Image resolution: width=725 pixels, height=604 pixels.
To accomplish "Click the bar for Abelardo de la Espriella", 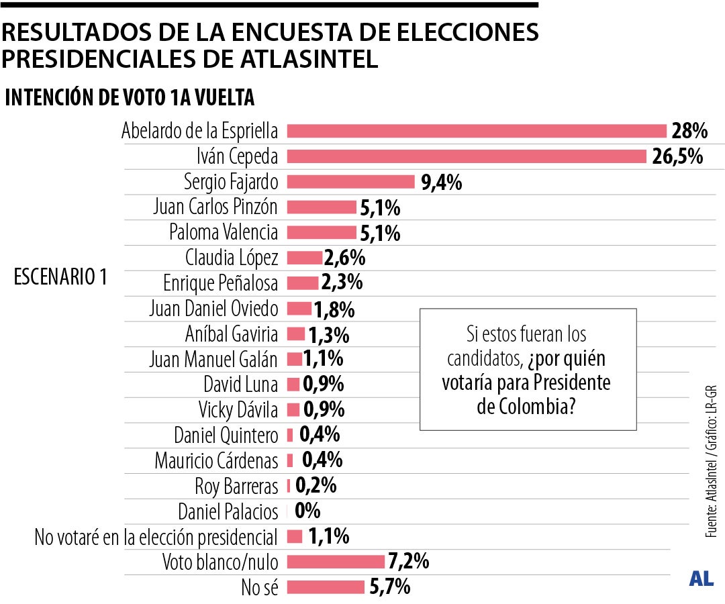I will pos(476,131).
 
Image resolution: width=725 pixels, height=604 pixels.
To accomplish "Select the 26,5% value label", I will pos(677,157).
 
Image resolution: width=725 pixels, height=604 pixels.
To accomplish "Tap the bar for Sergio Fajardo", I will pos(350,182).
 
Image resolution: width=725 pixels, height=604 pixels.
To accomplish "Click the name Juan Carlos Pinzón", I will pos(215,207).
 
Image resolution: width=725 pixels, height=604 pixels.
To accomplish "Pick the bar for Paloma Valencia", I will pos(322,232).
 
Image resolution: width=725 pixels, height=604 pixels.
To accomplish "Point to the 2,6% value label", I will pos(344,258).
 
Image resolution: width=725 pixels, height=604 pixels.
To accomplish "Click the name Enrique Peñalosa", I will pos(220,283).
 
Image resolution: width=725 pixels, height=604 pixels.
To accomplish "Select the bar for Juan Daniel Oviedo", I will pos(299,308).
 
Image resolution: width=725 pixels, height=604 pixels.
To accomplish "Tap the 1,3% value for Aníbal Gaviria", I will pos(328,334).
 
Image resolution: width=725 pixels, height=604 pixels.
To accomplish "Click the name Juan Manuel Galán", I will pos(213,359).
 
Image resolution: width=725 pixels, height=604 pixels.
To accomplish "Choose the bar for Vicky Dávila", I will pos(293,409).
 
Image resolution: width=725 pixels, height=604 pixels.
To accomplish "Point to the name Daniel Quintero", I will pos(226,435).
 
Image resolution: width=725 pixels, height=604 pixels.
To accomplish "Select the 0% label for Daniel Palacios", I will pos(307,511).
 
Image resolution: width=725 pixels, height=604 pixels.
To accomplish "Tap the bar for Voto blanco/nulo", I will pos(336,562).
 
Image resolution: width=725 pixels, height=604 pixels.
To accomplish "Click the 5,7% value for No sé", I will pos(389,587).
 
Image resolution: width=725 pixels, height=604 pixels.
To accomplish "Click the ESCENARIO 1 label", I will pos(60,277).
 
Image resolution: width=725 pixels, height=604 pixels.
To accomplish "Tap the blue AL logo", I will pos(701,578).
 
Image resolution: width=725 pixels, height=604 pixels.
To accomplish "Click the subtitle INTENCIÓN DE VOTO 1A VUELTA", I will pos(130,98).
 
